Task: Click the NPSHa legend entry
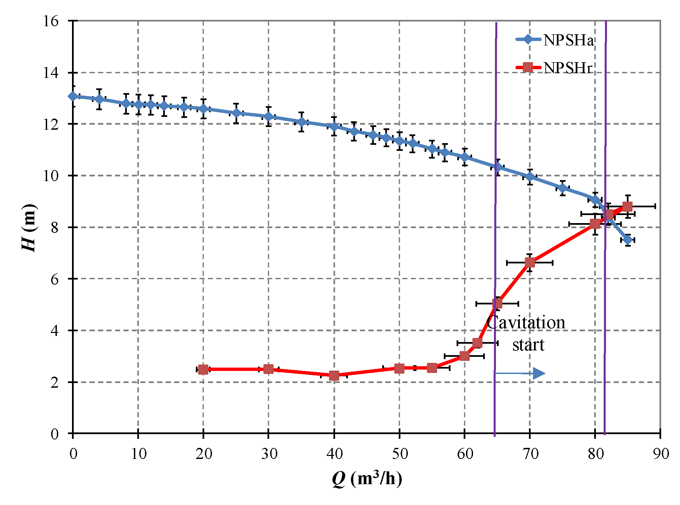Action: click(x=555, y=40)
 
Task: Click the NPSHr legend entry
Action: click(x=555, y=68)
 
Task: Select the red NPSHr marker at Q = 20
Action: click(x=203, y=370)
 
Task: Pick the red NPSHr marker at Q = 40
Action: click(x=334, y=375)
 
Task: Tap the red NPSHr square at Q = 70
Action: click(x=530, y=262)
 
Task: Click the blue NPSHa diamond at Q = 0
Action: click(x=73, y=96)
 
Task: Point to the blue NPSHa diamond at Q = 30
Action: click(x=269, y=116)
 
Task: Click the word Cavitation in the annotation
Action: click(x=526, y=323)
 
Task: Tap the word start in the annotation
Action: click(x=528, y=345)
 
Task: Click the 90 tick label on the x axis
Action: click(x=661, y=454)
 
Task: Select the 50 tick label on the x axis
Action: click(x=400, y=454)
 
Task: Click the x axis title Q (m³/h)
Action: click(x=367, y=478)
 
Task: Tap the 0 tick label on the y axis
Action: click(x=55, y=434)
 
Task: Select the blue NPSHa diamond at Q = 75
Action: click(x=563, y=188)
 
